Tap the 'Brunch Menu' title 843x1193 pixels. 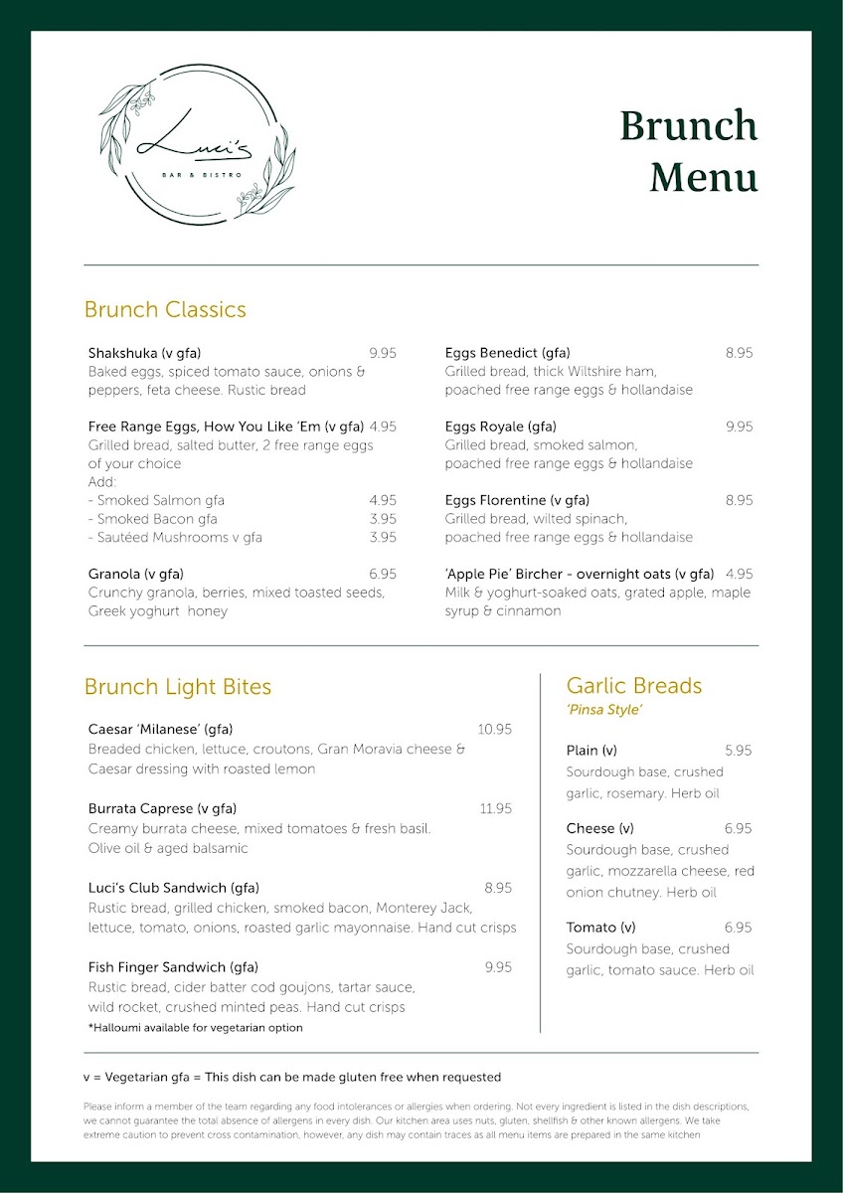[x=688, y=151]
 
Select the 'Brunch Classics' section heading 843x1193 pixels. [x=165, y=309]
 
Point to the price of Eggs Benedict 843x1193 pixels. [x=739, y=353]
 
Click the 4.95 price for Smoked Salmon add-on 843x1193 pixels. [x=382, y=500]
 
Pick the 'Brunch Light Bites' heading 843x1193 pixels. [x=177, y=686]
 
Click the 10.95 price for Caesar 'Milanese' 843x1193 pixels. [x=494, y=729]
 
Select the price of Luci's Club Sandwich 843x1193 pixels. [x=498, y=888]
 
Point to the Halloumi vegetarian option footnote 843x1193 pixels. [x=195, y=1027]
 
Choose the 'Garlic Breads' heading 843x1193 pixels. [x=633, y=685]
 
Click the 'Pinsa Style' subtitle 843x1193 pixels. [x=604, y=710]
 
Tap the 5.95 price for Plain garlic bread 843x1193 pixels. [x=738, y=751]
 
